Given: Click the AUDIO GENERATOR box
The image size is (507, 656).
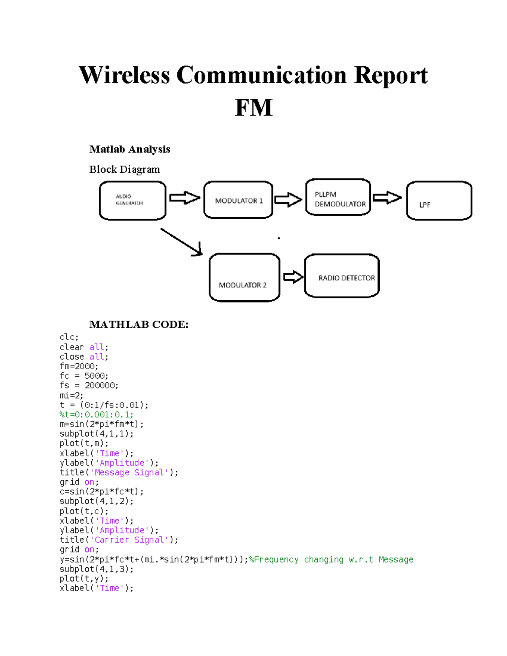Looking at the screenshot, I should (x=132, y=201).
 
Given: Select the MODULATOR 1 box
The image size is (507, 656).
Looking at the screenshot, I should (x=238, y=200).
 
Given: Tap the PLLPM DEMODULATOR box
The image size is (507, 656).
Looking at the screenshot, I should (x=338, y=198).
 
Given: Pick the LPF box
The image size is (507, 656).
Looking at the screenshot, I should (x=439, y=201).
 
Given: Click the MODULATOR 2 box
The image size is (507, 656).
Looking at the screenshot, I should (x=244, y=278).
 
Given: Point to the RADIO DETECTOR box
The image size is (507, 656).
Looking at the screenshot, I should (x=342, y=276).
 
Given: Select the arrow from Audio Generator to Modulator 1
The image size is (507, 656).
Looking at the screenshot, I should (x=184, y=198).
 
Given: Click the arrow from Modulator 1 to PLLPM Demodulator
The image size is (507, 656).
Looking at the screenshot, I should (x=288, y=199).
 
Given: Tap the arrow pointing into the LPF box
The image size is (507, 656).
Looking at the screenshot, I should (x=387, y=197).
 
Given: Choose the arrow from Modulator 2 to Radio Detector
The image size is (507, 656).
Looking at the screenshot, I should (x=293, y=277).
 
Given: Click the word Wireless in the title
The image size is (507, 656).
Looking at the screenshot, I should (x=124, y=75).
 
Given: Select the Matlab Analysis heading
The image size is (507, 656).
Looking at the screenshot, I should (x=130, y=149).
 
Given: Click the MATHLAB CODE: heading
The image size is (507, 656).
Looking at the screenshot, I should (x=139, y=324).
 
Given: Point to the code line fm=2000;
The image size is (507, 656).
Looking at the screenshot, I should (x=79, y=366).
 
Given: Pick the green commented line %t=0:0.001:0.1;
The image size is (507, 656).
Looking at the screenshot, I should (x=96, y=415).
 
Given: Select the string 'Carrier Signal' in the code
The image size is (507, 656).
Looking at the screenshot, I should (x=131, y=540).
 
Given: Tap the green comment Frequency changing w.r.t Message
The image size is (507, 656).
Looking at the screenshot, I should (x=331, y=559).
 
